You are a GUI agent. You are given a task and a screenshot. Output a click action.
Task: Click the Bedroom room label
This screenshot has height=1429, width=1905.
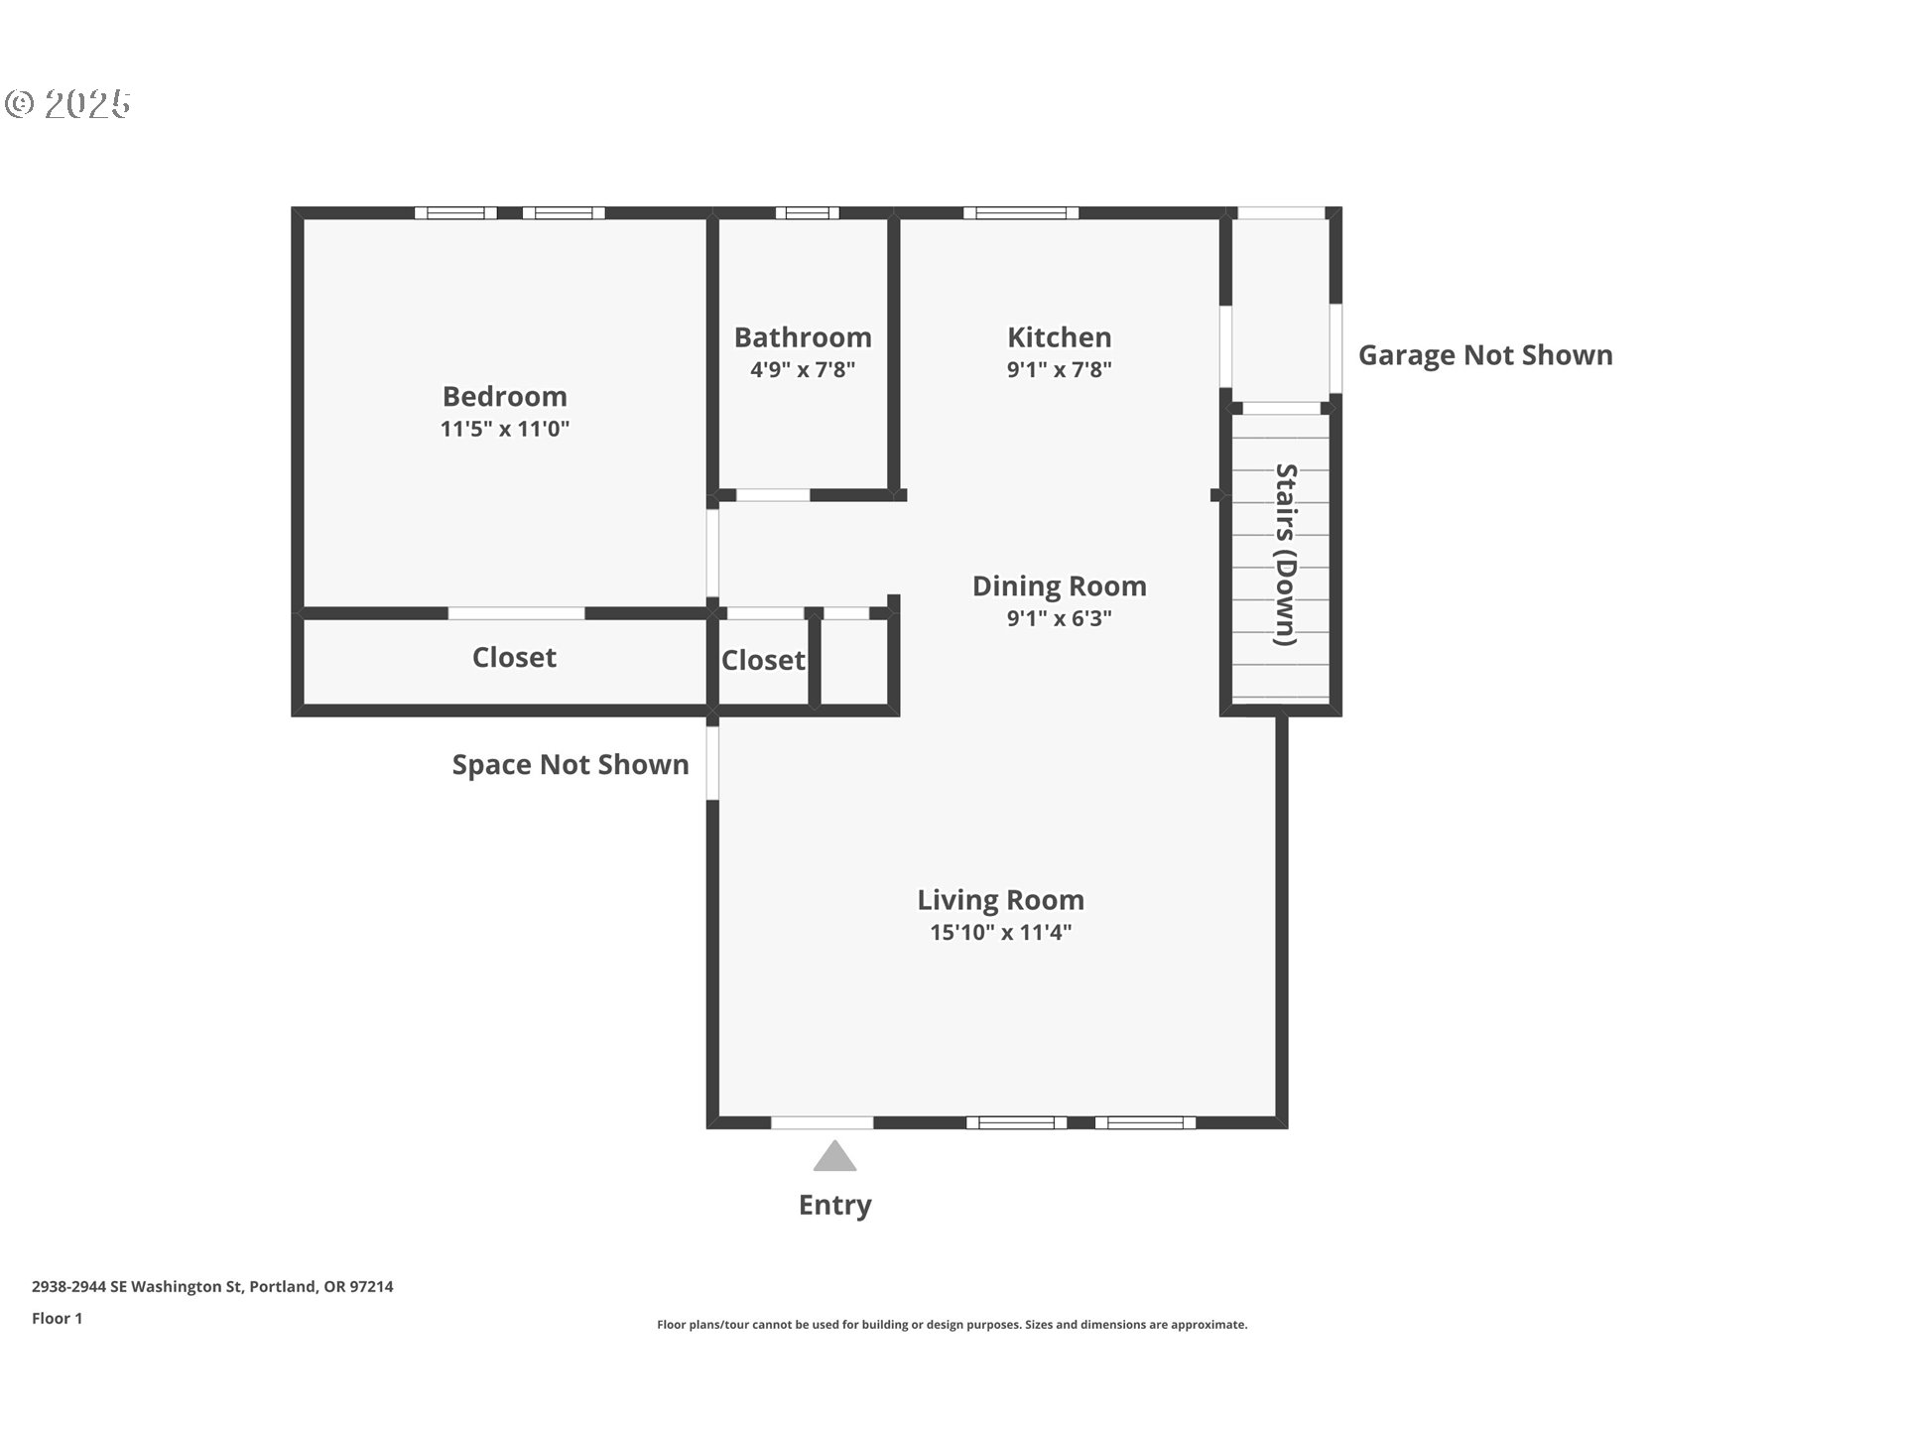[x=505, y=397]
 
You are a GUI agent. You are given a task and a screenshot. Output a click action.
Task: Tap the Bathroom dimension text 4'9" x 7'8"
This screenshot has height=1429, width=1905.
[x=803, y=370]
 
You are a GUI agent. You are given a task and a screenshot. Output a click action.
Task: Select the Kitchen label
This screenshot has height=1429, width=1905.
[x=1059, y=337]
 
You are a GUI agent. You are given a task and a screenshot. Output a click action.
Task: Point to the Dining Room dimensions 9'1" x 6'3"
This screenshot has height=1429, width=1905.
[x=1059, y=618]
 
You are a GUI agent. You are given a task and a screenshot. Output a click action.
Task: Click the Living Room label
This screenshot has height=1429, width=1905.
[x=1000, y=900]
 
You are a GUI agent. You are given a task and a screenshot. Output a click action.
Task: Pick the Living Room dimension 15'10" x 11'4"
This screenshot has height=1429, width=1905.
[x=1000, y=932]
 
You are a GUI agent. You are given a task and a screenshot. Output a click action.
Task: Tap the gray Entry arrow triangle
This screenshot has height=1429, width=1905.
[x=834, y=1156]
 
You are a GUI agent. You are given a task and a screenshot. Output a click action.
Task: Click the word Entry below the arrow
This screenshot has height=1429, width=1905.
[x=834, y=1205]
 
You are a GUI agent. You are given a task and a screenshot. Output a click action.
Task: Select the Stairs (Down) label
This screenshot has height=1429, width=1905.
[x=1287, y=554]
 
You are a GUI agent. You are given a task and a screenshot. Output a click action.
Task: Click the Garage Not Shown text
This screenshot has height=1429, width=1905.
[x=1485, y=355]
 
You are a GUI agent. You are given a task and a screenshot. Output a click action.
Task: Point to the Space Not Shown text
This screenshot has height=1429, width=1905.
[x=571, y=764]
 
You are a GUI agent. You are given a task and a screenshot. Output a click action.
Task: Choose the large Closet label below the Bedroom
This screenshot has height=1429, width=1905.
[x=514, y=657]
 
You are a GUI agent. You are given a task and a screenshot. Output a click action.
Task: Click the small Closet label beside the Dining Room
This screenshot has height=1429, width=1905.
[x=763, y=660]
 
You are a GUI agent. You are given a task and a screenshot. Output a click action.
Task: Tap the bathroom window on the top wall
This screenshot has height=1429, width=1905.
[x=807, y=212]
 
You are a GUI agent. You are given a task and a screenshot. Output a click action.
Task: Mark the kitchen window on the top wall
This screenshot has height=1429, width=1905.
[x=1020, y=212]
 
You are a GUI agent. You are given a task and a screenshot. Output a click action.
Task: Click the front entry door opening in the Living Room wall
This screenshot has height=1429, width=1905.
[x=822, y=1122]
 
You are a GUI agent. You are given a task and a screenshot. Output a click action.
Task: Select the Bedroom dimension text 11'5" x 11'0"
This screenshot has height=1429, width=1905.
[x=505, y=429]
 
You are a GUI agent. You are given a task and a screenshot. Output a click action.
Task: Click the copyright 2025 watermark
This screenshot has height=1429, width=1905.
[x=67, y=103]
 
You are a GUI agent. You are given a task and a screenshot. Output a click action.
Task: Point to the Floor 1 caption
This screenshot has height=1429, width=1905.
[x=58, y=1318]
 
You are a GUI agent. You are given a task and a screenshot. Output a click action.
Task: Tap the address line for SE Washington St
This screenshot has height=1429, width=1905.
[x=212, y=1286]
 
